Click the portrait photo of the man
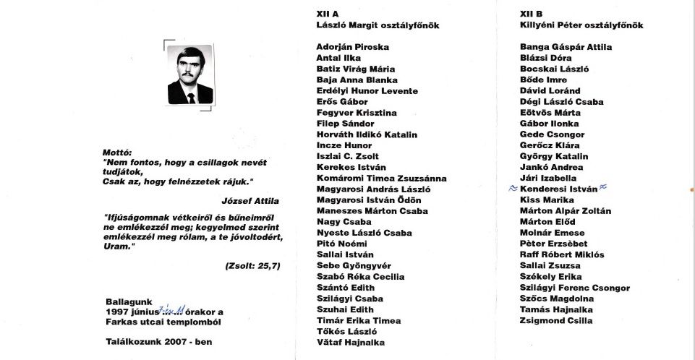pyautogui.click(x=190, y=74)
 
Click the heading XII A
pyautogui.click(x=328, y=14)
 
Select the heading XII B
pyautogui.click(x=531, y=14)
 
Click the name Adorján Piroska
pyautogui.click(x=352, y=47)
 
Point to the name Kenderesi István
pyautogui.click(x=558, y=189)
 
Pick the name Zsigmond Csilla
pyautogui.click(x=555, y=320)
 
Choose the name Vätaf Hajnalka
pyautogui.click(x=350, y=342)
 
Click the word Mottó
pyautogui.click(x=116, y=153)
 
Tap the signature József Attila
pyautogui.click(x=250, y=201)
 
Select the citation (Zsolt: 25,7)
pyautogui.click(x=252, y=266)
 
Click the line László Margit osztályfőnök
pyautogui.click(x=378, y=25)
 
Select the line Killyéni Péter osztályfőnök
pyautogui.click(x=581, y=25)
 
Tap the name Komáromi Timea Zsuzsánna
pyautogui.click(x=381, y=179)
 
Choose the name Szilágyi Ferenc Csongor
pyautogui.click(x=574, y=288)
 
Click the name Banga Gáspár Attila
pyautogui.click(x=566, y=47)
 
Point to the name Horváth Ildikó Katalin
pyautogui.click(x=367, y=134)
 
